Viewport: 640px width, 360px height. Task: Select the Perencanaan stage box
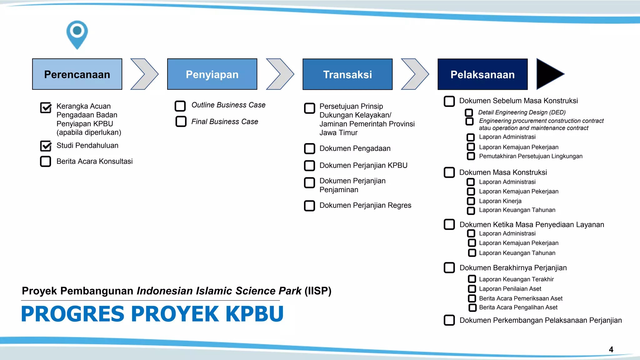(77, 74)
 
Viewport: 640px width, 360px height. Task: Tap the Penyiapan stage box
(212, 74)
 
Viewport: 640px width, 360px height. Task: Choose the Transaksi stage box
(347, 74)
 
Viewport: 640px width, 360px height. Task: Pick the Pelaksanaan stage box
(482, 74)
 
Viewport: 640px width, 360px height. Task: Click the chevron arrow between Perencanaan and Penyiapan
(144, 74)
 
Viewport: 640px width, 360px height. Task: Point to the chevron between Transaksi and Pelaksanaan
(415, 74)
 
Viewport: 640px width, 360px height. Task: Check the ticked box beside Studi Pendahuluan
(46, 146)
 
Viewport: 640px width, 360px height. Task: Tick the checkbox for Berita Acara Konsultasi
(46, 161)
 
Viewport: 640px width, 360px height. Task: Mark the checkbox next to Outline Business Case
(180, 106)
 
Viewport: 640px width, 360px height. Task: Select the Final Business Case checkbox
(181, 122)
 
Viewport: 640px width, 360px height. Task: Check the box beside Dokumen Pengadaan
(310, 149)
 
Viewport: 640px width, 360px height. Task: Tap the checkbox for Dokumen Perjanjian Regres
(310, 206)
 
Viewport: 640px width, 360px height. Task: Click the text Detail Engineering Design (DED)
(522, 112)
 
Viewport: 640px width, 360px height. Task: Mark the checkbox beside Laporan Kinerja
(471, 201)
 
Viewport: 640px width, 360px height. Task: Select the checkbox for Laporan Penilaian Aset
(472, 289)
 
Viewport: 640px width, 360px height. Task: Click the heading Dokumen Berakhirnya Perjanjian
(513, 268)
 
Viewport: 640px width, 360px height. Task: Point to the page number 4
(611, 349)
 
